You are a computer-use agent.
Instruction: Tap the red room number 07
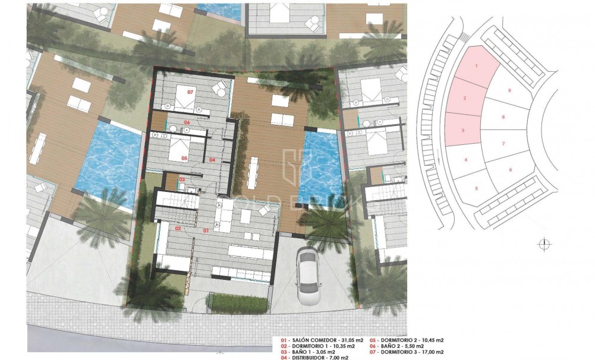point(191,93)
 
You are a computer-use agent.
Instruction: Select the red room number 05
point(184,158)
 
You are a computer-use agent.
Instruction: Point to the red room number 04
point(212,160)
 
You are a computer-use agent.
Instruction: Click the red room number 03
point(182,179)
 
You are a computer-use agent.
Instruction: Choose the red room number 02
point(178,228)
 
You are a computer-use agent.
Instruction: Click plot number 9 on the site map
point(509,90)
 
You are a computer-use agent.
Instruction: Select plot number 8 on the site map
point(503,117)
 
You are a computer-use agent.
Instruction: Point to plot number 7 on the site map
point(503,144)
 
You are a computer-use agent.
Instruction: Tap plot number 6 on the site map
point(510,170)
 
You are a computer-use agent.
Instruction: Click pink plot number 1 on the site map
point(477,65)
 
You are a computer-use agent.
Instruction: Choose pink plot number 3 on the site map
point(462,131)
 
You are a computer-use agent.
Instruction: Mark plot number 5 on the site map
point(477,188)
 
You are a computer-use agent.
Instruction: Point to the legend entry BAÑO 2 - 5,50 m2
point(405,346)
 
